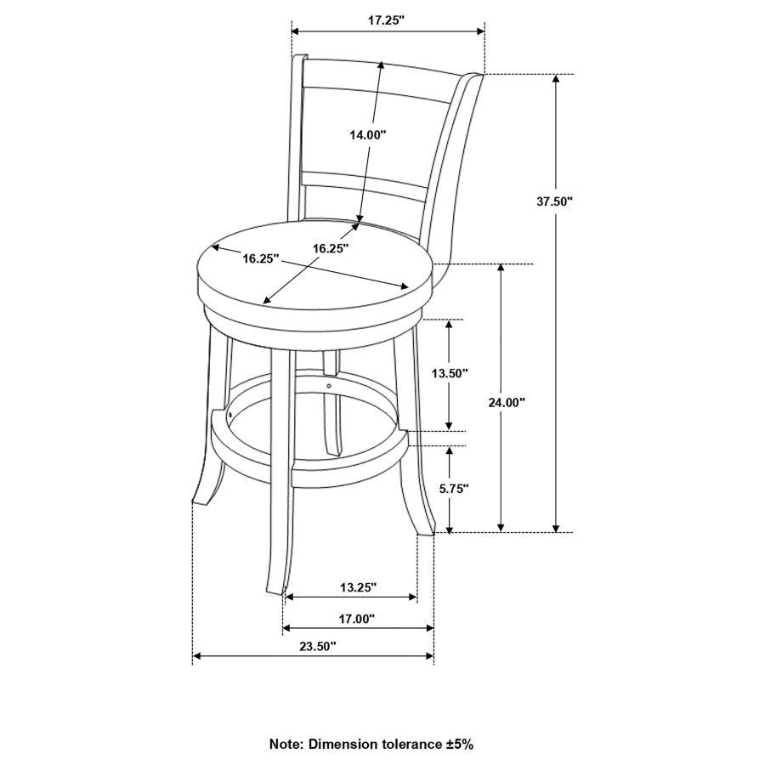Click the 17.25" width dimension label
(x=387, y=20)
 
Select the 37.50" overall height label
(x=554, y=201)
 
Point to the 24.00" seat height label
(x=507, y=402)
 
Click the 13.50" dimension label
(x=450, y=373)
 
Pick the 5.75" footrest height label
(x=454, y=488)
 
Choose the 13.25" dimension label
(x=359, y=587)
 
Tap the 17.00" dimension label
(x=357, y=619)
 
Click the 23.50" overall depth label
(x=318, y=647)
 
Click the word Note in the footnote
(x=284, y=744)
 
